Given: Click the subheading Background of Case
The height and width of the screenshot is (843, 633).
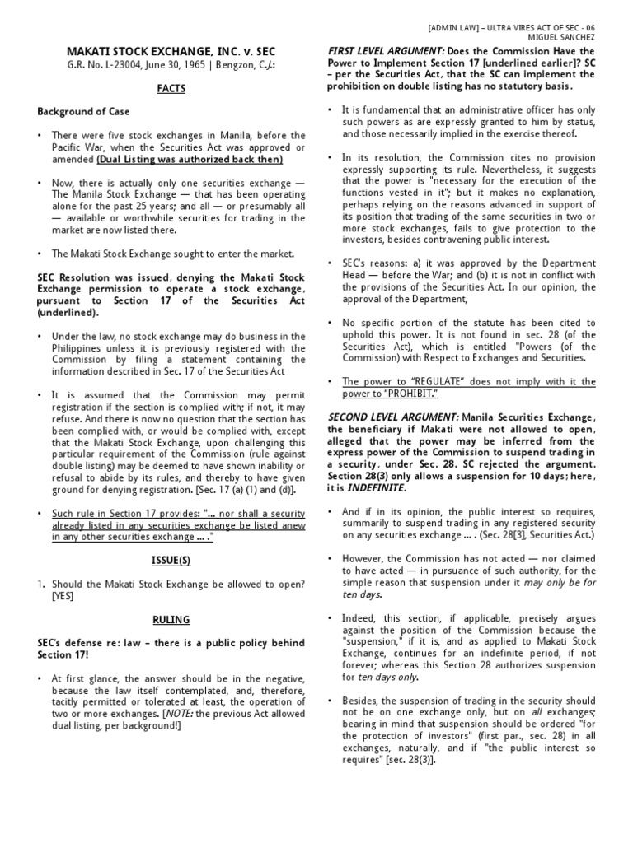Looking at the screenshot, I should (x=82, y=110).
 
